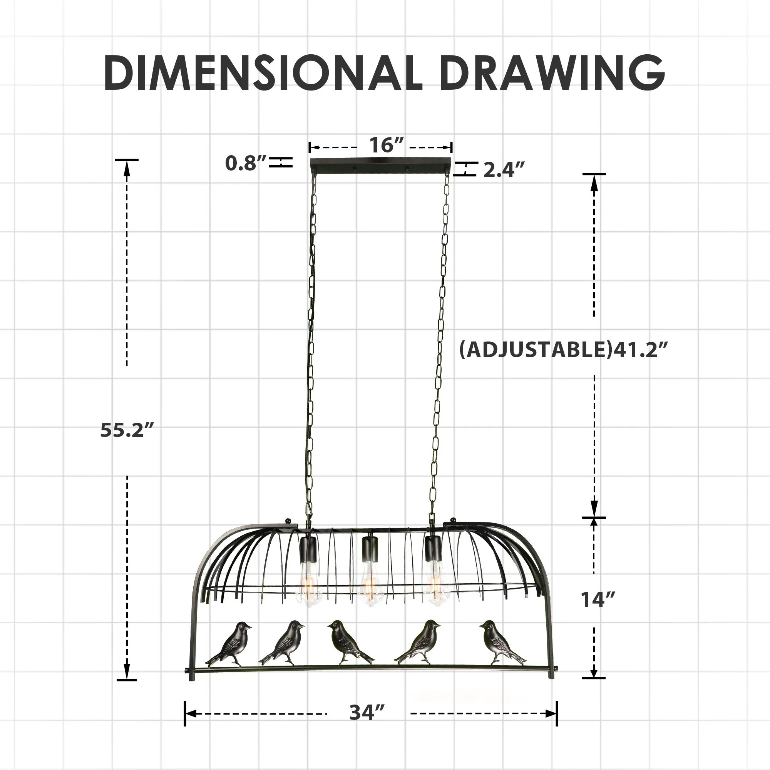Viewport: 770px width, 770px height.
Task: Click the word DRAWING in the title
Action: pos(552,73)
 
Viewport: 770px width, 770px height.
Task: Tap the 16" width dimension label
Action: pos(387,145)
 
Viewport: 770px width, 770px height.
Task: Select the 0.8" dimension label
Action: pos(246,163)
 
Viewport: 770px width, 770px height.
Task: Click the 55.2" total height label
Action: pos(127,430)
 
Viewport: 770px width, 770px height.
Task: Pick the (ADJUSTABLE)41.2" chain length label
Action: pos(564,350)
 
